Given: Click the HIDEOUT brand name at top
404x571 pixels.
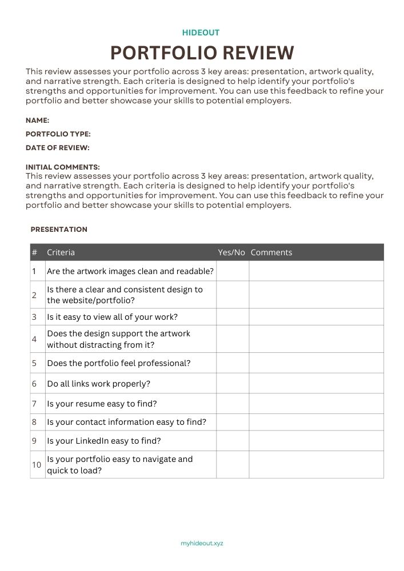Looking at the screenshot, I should pos(201,33).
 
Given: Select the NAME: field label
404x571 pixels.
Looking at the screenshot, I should pos(38,120).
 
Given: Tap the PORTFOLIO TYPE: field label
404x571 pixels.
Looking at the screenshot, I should pos(58,134).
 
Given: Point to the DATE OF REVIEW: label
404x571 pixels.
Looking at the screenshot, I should pos(58,148).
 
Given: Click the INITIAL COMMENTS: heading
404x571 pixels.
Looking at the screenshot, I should pos(63,167).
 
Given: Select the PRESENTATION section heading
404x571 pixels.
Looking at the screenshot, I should pos(59,230).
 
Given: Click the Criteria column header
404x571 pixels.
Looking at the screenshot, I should pos(61,252).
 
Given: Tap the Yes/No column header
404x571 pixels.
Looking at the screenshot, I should pos(231,252).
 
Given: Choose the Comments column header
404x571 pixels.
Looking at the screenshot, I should pos(271,252).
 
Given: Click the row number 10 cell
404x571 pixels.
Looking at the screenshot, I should pos(37,465).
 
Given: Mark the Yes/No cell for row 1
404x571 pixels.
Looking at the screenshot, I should pos(233,271).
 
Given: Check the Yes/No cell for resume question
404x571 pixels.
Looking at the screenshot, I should pos(233,404).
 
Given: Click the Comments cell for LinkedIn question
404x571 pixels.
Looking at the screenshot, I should pos(316,441).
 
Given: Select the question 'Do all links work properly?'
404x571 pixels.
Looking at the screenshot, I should pos(98,384).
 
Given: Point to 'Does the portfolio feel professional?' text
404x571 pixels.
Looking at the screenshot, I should pos(119,363).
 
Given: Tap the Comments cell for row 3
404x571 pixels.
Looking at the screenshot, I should pos(316,317).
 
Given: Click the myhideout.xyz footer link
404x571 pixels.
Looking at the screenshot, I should pos(202,543).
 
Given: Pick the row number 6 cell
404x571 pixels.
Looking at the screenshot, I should pos(34,384).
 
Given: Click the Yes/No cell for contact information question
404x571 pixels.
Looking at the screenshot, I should pos(233,422).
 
